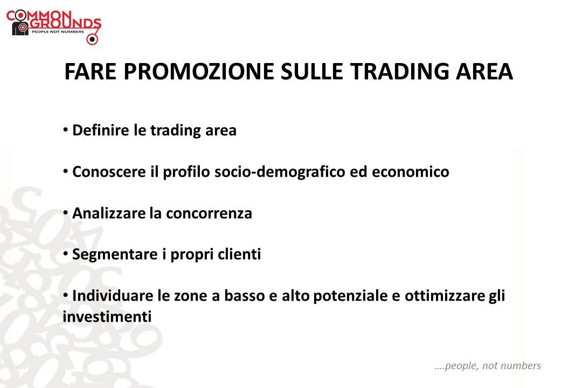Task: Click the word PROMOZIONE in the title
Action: point(199,71)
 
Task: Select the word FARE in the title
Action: point(91,71)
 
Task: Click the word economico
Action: point(411,171)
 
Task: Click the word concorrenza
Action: point(209,213)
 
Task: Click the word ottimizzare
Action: point(444,296)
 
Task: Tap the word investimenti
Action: point(107,317)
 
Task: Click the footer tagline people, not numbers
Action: point(488,366)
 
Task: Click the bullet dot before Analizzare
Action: point(66,213)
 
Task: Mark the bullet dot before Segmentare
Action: point(66,254)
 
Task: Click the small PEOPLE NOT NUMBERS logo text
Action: point(58,32)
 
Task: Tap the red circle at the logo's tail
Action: point(92,39)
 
